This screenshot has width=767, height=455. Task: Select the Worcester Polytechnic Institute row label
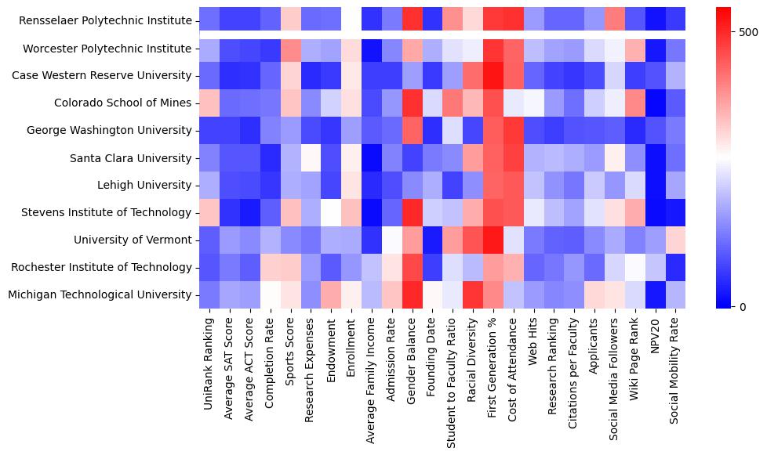coord(107,49)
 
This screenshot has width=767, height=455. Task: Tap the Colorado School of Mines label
coord(122,103)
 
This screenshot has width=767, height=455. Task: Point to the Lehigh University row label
coord(136,186)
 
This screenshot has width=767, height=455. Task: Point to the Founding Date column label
coord(434,353)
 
